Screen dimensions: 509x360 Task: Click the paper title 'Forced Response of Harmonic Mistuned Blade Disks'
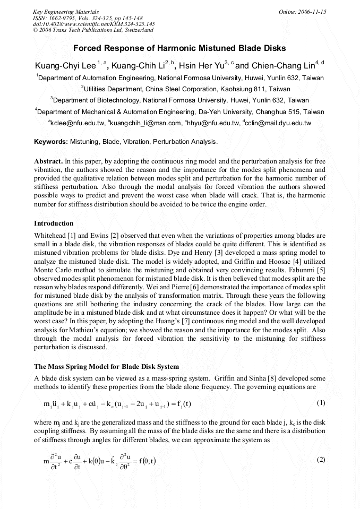pos(179,48)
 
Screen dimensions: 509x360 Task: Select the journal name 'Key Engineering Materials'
pos(65,12)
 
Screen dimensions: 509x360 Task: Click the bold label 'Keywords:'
pos(51,142)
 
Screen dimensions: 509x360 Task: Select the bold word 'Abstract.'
pos(48,161)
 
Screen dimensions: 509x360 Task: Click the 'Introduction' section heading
pos(54,223)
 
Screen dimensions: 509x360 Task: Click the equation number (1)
pos(321,403)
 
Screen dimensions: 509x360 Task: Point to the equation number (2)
pos(321,459)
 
